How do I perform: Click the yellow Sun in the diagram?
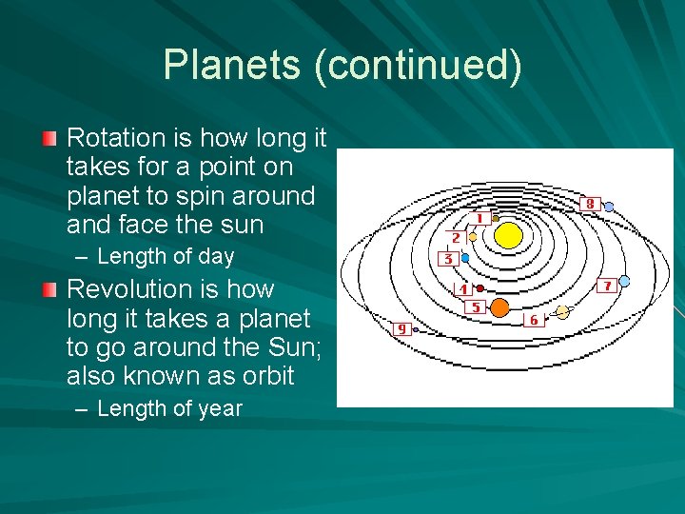tap(509, 235)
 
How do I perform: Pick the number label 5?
tap(476, 306)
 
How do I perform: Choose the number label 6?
tap(533, 320)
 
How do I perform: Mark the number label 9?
tap(401, 328)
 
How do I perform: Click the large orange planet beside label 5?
tap(499, 307)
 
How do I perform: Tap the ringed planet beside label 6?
tap(562, 312)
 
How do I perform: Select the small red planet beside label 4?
tap(480, 287)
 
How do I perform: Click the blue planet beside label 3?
tap(464, 257)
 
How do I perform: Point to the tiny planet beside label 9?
tap(416, 329)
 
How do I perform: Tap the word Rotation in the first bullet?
tap(115, 138)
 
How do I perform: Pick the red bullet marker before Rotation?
tap(49, 139)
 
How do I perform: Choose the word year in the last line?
tap(221, 409)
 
